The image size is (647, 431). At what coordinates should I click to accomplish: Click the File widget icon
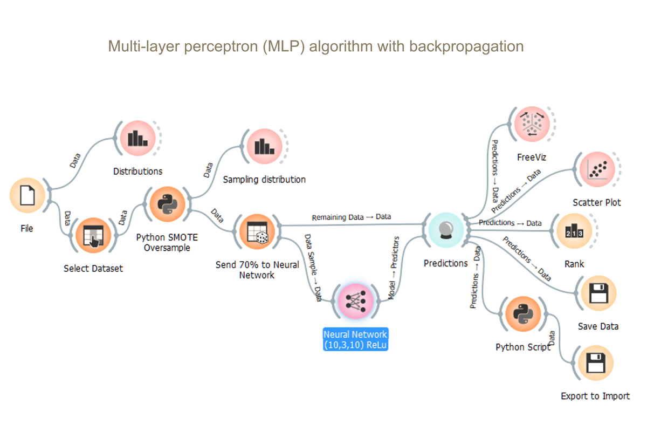point(27,195)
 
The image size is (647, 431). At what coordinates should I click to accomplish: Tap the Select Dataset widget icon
point(93,235)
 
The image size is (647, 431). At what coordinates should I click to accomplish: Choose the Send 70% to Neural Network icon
point(256,232)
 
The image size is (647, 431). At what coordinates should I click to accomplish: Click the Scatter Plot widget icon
point(597,170)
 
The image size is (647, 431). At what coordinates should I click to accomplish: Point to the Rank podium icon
point(574,231)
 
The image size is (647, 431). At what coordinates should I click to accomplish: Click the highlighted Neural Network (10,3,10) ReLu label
point(355,340)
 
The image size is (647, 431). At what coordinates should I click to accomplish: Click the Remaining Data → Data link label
point(352,217)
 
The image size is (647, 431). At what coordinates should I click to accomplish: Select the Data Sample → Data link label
point(313,266)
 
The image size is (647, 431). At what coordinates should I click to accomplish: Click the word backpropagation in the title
point(466,46)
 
